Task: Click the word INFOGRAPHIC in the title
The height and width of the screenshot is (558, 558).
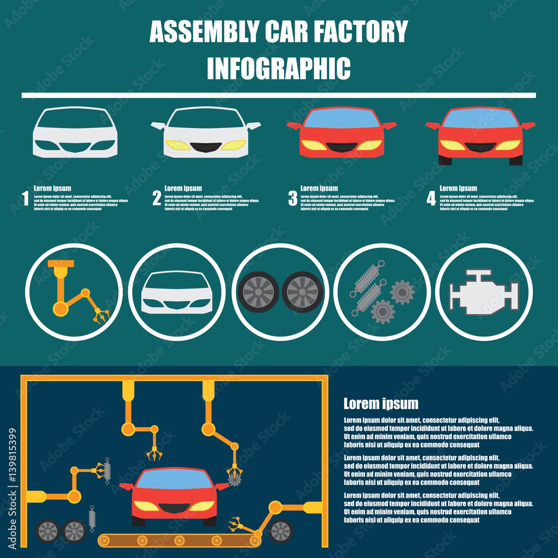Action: point(278,68)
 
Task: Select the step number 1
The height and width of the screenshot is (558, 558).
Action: point(25,199)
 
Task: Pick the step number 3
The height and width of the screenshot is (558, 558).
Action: point(292,199)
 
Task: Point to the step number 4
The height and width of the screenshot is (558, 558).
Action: point(431,199)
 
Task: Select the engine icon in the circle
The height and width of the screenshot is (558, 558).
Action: point(484,291)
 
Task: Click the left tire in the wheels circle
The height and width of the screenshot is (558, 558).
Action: point(258,291)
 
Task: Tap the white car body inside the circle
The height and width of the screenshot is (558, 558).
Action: point(176,292)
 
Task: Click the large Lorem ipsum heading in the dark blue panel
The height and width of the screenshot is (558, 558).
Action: point(381,403)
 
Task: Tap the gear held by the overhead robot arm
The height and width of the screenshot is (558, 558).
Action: point(234,478)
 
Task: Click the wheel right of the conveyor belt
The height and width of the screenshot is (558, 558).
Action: point(280,531)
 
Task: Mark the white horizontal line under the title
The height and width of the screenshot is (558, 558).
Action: point(278,95)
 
